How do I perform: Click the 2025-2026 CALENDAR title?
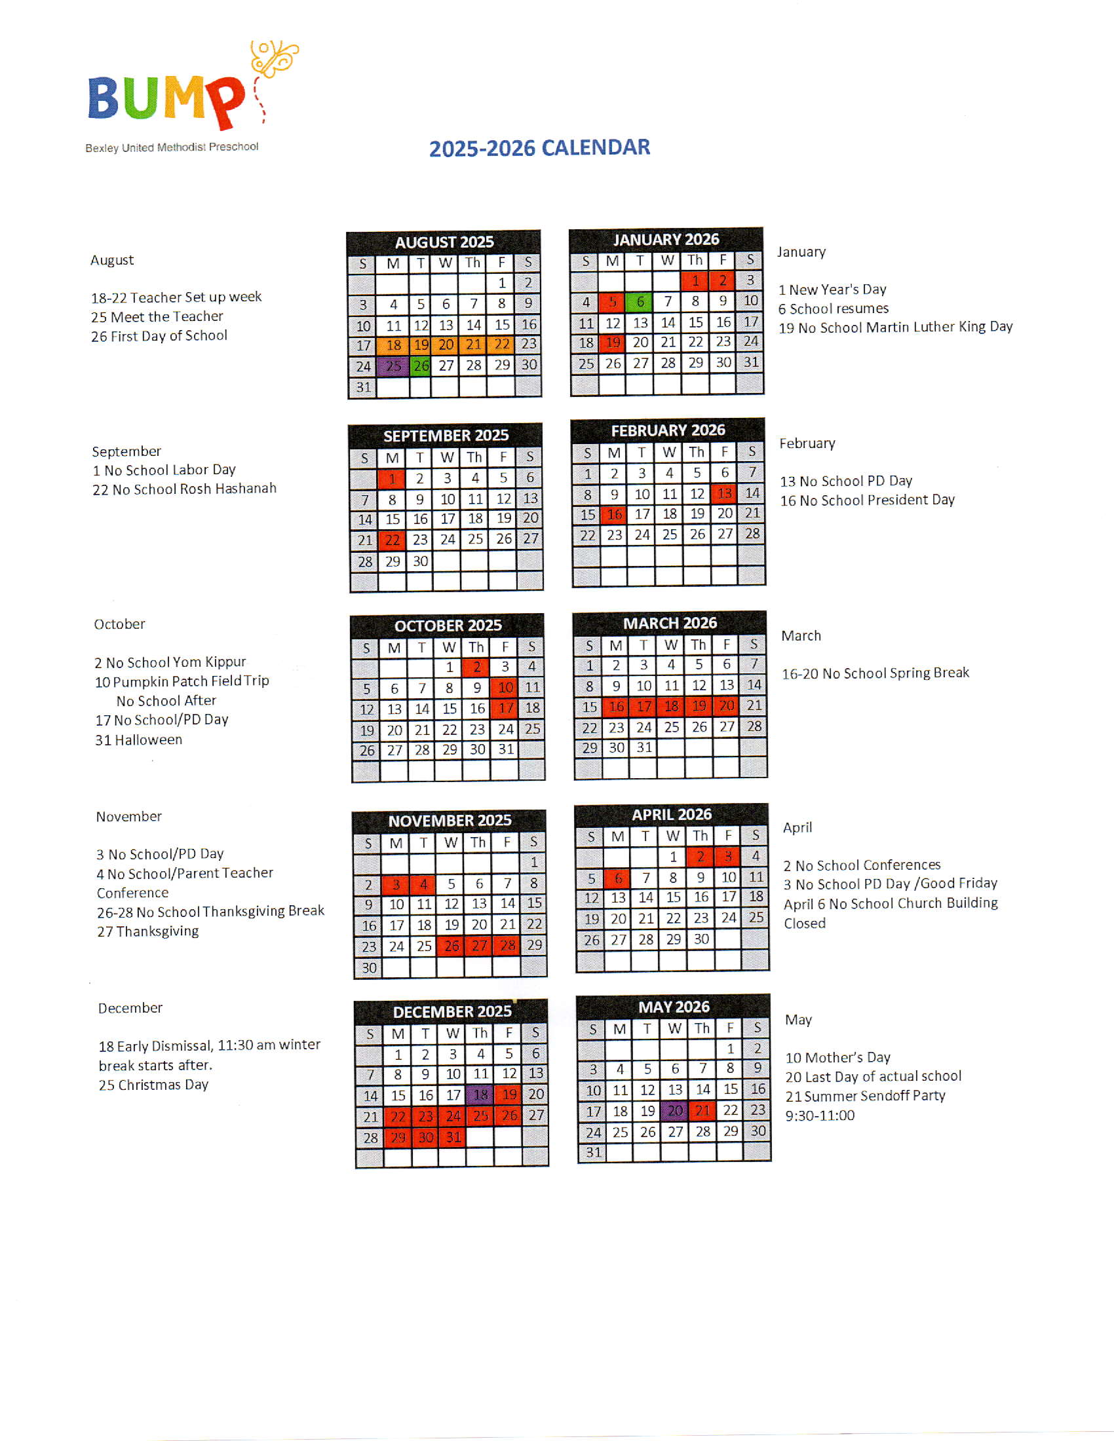tap(539, 148)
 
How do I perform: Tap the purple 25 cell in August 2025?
tap(393, 365)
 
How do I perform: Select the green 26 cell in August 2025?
tap(421, 365)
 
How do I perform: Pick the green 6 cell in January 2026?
tap(640, 301)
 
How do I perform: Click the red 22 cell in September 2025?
tap(392, 540)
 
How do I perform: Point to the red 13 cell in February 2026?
tap(724, 493)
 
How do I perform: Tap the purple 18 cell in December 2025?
tap(481, 1095)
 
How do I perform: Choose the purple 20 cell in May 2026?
tap(674, 1111)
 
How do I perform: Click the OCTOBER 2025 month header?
tap(448, 626)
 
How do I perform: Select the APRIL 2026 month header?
tap(672, 815)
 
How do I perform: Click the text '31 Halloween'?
tap(138, 740)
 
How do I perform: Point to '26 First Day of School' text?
tap(159, 336)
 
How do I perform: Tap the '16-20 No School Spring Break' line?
tap(875, 673)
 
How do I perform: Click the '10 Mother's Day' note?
tap(837, 1058)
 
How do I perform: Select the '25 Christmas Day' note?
tap(153, 1085)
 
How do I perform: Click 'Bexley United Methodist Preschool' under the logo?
tap(172, 147)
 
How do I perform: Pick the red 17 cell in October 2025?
tap(505, 709)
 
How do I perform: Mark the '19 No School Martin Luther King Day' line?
tap(895, 327)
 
